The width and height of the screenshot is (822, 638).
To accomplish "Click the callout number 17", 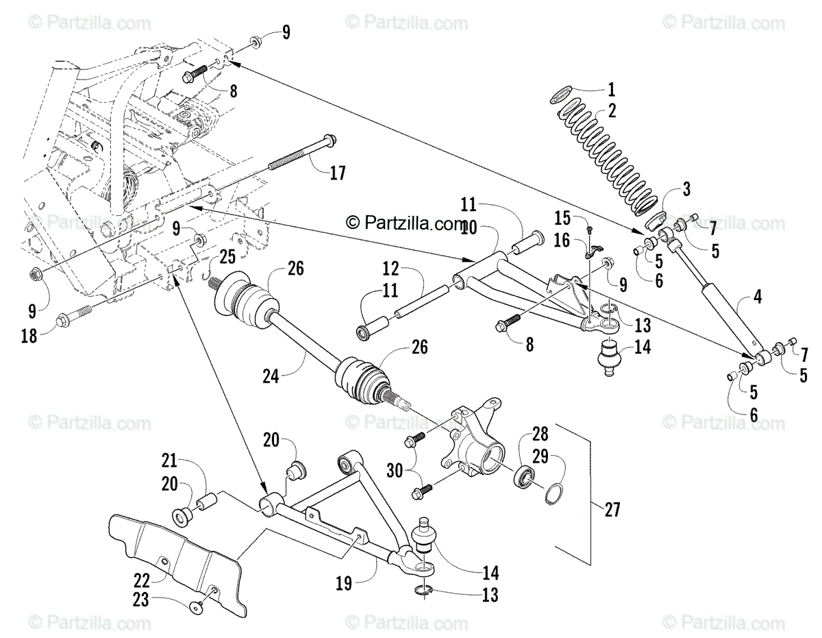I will [338, 174].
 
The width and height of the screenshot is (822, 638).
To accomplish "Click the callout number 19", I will [343, 583].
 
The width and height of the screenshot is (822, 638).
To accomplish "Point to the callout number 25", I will [227, 258].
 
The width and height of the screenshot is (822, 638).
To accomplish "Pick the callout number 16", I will [562, 240].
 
